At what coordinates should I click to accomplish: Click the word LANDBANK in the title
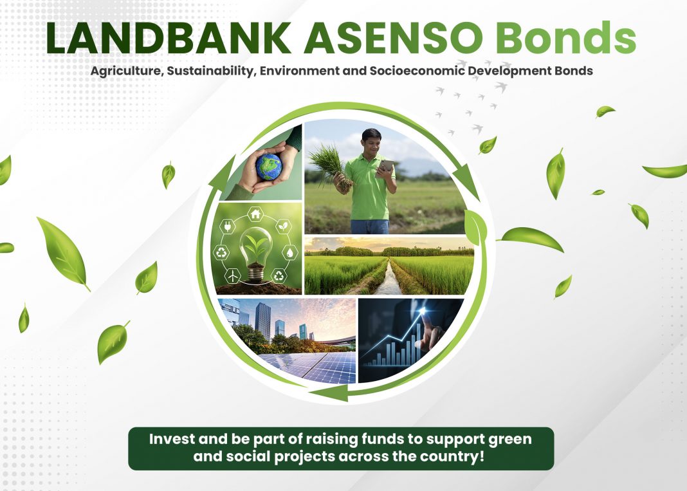(169, 38)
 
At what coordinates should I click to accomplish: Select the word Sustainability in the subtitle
(210, 71)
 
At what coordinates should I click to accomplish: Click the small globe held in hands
(269, 167)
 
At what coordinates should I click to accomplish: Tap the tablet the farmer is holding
(385, 166)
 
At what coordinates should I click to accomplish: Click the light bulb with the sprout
(256, 254)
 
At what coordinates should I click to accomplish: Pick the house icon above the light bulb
(255, 214)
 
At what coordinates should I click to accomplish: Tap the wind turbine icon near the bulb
(232, 276)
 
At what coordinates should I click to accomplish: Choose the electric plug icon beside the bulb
(228, 227)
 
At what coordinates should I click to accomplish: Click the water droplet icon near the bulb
(289, 252)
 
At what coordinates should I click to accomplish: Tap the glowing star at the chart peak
(423, 311)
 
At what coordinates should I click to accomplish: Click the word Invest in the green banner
(172, 439)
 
